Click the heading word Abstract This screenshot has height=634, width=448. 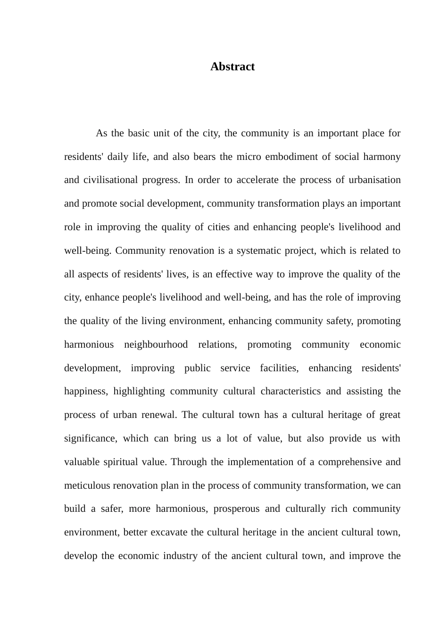point(232,67)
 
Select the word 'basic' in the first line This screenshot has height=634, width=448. point(138,133)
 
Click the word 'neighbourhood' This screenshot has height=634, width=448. point(156,344)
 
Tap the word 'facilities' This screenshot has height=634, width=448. point(279,368)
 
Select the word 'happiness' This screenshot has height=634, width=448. point(86,391)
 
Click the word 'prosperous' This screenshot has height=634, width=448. point(236,509)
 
